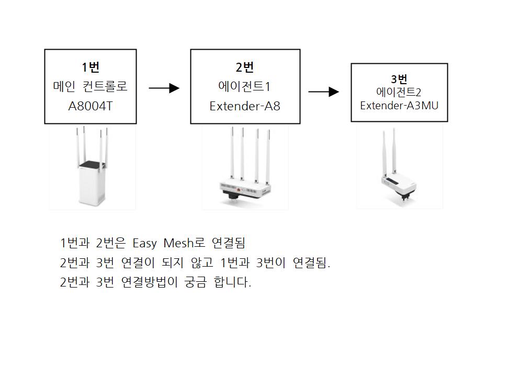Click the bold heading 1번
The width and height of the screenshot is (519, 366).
coord(91,67)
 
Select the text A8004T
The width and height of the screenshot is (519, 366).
coord(91,106)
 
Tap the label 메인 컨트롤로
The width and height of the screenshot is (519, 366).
coord(91,86)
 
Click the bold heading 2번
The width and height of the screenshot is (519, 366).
coord(245,67)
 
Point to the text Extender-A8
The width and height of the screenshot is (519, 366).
coord(245,106)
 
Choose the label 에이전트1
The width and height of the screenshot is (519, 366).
coord(244,86)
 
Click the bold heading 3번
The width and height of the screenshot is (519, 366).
coord(399,79)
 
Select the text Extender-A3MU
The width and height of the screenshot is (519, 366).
coord(399,106)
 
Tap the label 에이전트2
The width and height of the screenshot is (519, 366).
coord(399,92)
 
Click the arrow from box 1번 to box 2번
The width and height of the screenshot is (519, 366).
coord(164,88)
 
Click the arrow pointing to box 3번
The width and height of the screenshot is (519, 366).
coord(324,92)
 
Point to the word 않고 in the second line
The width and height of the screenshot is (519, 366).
coord(202,263)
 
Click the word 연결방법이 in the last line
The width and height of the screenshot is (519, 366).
coord(150,282)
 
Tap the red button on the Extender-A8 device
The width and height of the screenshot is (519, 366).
coord(239,190)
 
